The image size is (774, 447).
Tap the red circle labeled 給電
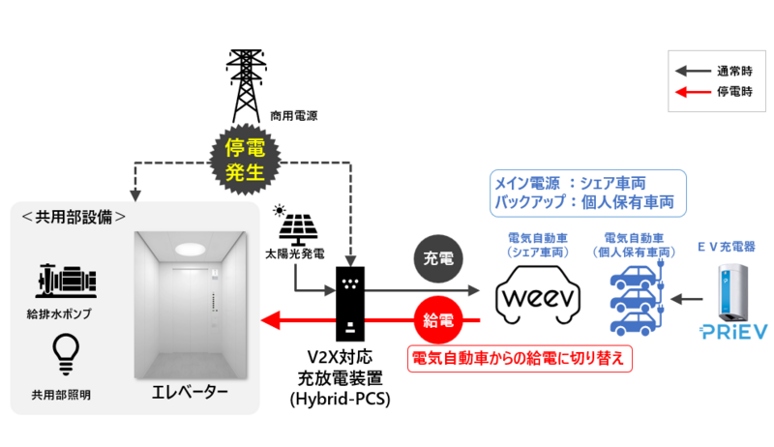point(438,320)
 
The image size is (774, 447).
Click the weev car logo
point(536,292)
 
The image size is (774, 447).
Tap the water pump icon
point(64,280)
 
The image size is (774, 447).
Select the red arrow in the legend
point(693,93)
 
